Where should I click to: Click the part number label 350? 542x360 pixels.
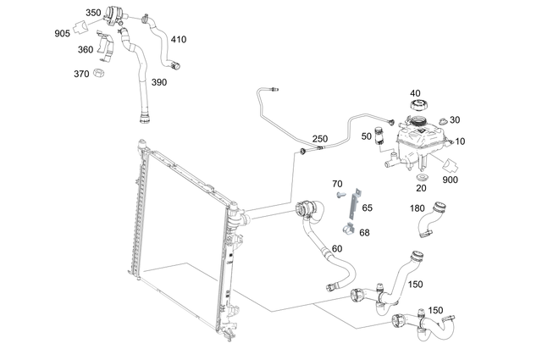(x=93, y=14)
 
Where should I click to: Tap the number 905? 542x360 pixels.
(x=63, y=34)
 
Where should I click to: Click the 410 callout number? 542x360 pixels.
(x=179, y=40)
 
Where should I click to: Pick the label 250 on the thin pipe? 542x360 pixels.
(x=319, y=139)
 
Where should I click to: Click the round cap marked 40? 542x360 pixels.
(x=417, y=106)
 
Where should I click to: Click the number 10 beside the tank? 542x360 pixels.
(x=460, y=141)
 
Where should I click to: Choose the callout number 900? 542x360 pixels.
(x=449, y=180)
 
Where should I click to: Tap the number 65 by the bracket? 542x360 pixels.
(x=367, y=207)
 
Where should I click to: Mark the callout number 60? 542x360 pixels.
(x=336, y=249)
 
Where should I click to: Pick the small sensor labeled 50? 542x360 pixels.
(x=381, y=136)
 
